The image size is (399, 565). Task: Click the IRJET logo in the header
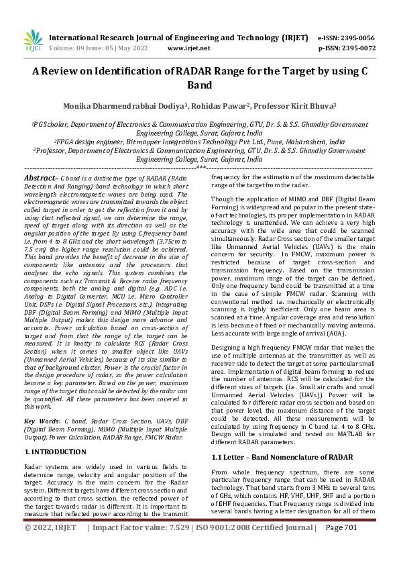(32, 41)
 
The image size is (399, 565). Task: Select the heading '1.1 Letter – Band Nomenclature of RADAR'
(282, 438)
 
